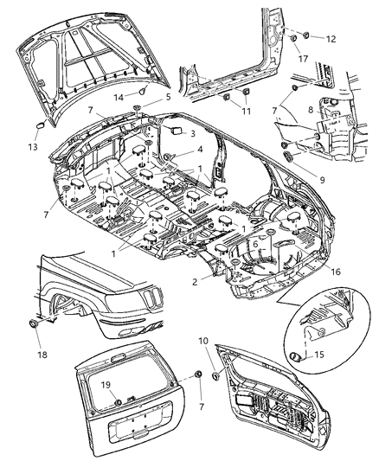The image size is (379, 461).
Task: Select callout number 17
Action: coord(303,59)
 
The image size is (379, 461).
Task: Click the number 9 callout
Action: coord(323,182)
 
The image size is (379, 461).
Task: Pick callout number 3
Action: coord(192,135)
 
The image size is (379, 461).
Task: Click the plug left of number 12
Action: coord(296,40)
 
